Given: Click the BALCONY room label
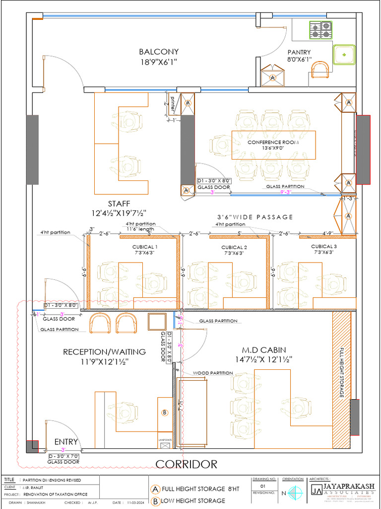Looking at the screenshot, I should point(159,52).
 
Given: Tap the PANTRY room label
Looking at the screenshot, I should point(299,52).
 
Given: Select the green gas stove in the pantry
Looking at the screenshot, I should point(320,30).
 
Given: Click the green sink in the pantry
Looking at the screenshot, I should point(344,54).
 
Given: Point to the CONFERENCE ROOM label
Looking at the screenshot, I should point(273,142).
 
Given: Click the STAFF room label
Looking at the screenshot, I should point(119,204).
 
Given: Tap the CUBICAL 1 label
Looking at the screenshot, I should point(145,247).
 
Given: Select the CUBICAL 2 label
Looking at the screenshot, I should point(234,247).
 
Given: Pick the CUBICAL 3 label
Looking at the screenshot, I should point(323,247).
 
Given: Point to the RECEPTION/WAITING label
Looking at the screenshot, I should point(104,352).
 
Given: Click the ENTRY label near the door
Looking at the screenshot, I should point(66,442).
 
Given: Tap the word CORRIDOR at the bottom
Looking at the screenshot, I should point(187,464).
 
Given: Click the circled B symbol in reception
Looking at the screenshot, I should point(165,413).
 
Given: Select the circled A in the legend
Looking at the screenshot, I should point(156,489).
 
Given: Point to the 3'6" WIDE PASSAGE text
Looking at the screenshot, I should point(255,217).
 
